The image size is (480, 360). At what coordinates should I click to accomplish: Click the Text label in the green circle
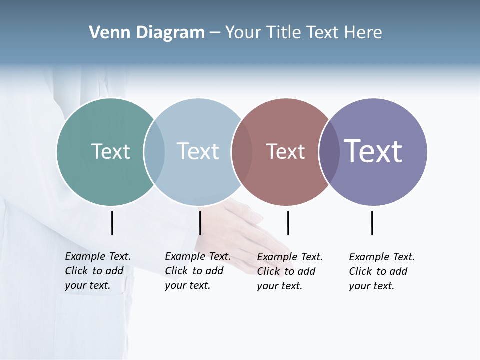click(110, 151)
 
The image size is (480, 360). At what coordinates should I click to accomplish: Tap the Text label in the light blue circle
click(198, 151)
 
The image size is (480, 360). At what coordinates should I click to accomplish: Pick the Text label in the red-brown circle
click(285, 151)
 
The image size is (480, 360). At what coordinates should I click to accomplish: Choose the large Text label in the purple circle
click(373, 151)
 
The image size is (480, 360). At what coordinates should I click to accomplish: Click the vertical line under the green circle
click(112, 223)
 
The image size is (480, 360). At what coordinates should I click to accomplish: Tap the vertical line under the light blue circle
click(200, 223)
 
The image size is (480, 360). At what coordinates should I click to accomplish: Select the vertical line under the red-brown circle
click(288, 223)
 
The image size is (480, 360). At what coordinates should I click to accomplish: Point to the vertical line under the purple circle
click(372, 223)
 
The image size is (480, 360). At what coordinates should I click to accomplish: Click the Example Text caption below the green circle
click(98, 271)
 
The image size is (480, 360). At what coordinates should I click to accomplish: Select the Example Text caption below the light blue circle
click(198, 271)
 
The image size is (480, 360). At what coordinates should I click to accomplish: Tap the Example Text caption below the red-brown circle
click(290, 271)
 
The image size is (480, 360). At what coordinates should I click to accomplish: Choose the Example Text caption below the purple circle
click(382, 271)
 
